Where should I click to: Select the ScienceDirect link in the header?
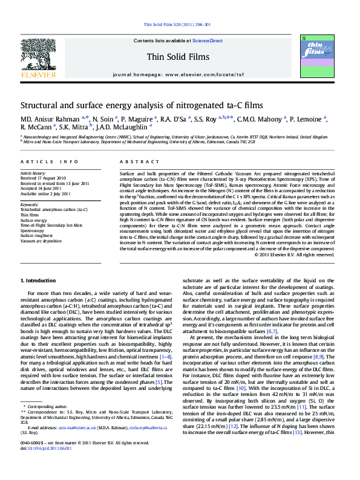click(208, 41)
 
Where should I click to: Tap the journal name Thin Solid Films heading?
click(177, 57)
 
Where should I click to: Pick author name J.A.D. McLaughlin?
click(124, 128)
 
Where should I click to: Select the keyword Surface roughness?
click(36, 236)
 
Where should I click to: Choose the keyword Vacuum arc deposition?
click(41, 241)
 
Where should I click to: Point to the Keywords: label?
click(30, 204)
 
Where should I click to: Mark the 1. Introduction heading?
click(40, 281)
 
